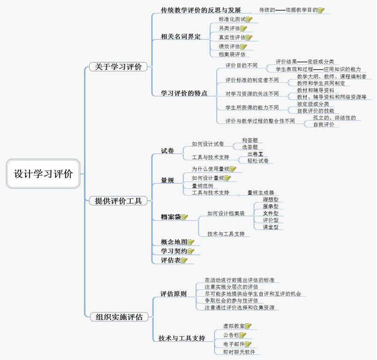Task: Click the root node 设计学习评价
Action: (43, 174)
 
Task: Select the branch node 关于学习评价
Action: (118, 67)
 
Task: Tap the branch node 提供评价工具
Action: (118, 201)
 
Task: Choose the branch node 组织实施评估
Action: (119, 317)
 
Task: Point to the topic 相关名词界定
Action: (180, 37)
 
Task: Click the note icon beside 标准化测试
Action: (249, 20)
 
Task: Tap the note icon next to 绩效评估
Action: (244, 46)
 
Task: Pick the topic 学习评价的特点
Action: (184, 93)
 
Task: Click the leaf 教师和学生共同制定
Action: (321, 83)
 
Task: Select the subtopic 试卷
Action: (167, 151)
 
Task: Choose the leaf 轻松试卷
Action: (258, 161)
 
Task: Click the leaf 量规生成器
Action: (260, 193)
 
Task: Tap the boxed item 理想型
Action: (271, 199)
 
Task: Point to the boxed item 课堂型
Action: (271, 227)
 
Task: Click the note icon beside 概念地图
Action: (191, 242)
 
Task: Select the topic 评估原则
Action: (173, 294)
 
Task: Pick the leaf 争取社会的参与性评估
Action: (231, 300)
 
